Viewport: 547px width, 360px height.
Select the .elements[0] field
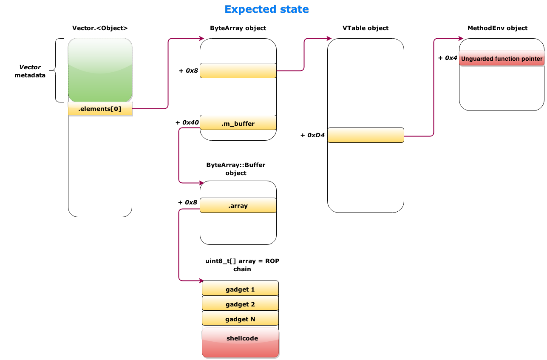coord(100,109)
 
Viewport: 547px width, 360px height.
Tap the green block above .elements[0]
coord(100,70)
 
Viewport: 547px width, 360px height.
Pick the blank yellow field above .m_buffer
coord(238,71)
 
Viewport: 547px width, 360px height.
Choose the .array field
coord(238,206)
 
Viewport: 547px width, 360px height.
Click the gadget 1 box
coord(240,289)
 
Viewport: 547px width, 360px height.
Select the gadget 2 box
coord(240,304)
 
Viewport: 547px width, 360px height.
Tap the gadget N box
coord(240,319)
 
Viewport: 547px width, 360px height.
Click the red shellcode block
coord(241,343)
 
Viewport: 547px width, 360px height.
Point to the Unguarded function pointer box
coord(502,59)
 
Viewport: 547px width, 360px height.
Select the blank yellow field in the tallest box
coord(366,135)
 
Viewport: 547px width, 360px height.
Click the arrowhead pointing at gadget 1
coord(201,281)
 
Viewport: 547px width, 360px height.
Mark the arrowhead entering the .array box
coord(201,183)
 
